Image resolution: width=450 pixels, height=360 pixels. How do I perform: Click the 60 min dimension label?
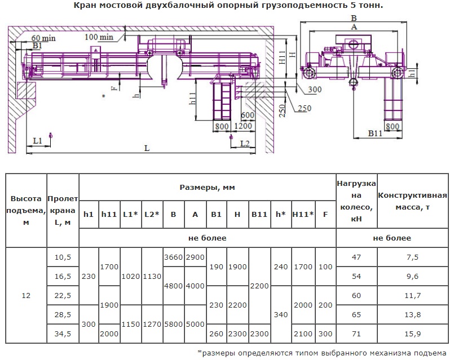click(43, 38)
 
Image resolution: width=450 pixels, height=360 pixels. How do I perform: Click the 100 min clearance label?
click(99, 37)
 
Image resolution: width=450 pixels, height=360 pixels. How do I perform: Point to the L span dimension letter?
click(147, 148)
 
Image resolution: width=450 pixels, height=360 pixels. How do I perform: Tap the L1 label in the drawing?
click(38, 141)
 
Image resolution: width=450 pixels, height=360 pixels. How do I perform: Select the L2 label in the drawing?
click(245, 143)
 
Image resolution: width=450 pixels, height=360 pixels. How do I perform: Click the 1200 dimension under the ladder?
click(243, 126)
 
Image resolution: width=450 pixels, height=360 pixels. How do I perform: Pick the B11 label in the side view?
click(375, 134)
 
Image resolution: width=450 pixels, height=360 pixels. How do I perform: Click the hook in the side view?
click(354, 84)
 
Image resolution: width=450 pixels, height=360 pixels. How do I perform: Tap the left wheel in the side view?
click(309, 73)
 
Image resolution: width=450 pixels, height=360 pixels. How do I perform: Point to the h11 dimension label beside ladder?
click(192, 103)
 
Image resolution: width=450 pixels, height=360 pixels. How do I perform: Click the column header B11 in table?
click(259, 215)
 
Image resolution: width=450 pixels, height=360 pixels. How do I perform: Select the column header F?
click(325, 215)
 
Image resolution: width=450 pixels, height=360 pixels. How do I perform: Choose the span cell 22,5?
click(63, 296)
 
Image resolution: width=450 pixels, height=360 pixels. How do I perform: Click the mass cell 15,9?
click(413, 334)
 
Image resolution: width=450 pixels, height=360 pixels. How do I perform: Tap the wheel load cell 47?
click(356, 257)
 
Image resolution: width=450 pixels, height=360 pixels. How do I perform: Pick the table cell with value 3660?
click(173, 257)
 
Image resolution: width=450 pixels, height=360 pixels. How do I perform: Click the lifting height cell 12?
click(26, 296)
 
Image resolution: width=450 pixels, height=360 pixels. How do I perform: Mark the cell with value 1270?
click(152, 324)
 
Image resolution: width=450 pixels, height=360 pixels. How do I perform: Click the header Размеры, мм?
click(207, 188)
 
